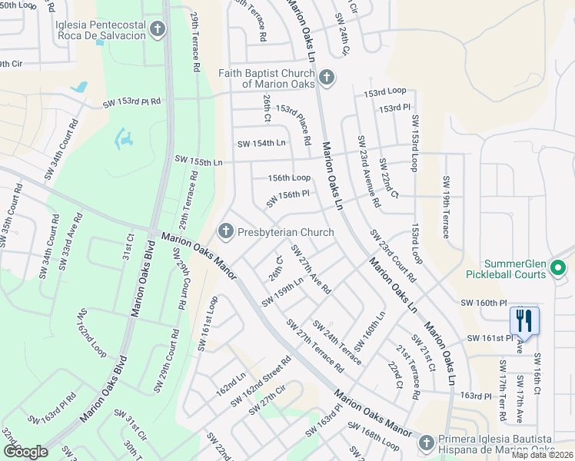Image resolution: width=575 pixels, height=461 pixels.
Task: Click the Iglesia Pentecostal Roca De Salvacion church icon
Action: pos(158,30)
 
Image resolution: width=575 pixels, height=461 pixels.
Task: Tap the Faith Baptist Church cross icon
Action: pos(327,78)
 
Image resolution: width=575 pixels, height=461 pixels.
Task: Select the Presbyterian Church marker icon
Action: pos(226,230)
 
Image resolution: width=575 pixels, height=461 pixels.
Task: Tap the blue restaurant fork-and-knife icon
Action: pos(524,320)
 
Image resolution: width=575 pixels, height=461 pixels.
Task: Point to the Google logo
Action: pos(25,452)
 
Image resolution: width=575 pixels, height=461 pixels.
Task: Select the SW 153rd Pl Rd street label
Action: pos(131,101)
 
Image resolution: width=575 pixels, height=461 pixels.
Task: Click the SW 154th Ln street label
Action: pos(261,143)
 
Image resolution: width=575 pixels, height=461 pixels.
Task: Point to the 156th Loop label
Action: pos(289,177)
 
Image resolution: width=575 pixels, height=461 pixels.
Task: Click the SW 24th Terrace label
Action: pos(337,341)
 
